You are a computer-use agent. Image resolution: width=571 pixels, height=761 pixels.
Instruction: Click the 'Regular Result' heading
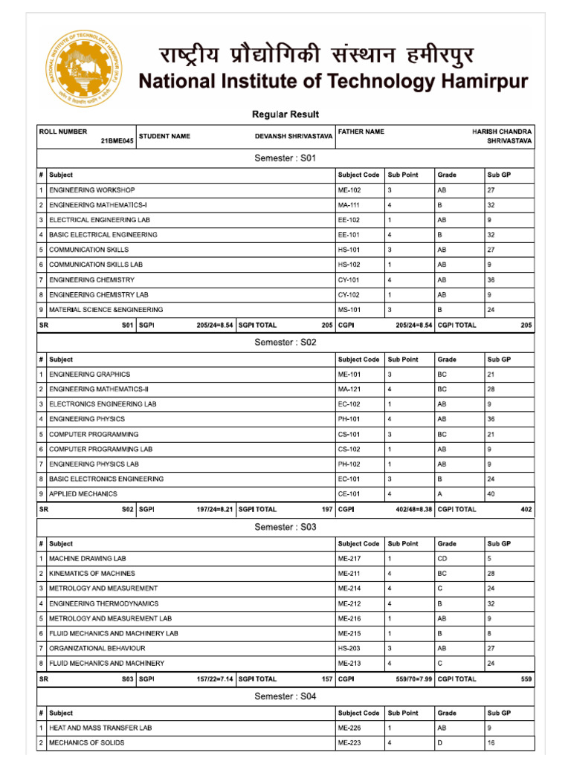285,114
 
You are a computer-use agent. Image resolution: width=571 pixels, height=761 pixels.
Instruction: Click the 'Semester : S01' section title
285,159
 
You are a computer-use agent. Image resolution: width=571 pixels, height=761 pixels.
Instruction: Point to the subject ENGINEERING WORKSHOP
92,190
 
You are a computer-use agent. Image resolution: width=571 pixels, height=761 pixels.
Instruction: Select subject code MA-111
349,205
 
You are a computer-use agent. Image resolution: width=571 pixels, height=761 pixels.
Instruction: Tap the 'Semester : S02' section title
285,343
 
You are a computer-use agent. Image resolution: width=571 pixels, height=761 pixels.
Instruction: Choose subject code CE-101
349,493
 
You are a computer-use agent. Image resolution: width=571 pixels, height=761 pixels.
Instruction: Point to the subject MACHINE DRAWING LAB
85,559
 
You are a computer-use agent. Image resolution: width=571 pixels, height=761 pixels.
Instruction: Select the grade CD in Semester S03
442,559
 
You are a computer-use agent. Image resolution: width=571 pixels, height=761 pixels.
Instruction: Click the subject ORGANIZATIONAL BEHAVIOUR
97,648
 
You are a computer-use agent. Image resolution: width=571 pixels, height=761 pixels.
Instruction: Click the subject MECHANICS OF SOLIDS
86,743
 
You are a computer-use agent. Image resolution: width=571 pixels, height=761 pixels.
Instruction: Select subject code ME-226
349,728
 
